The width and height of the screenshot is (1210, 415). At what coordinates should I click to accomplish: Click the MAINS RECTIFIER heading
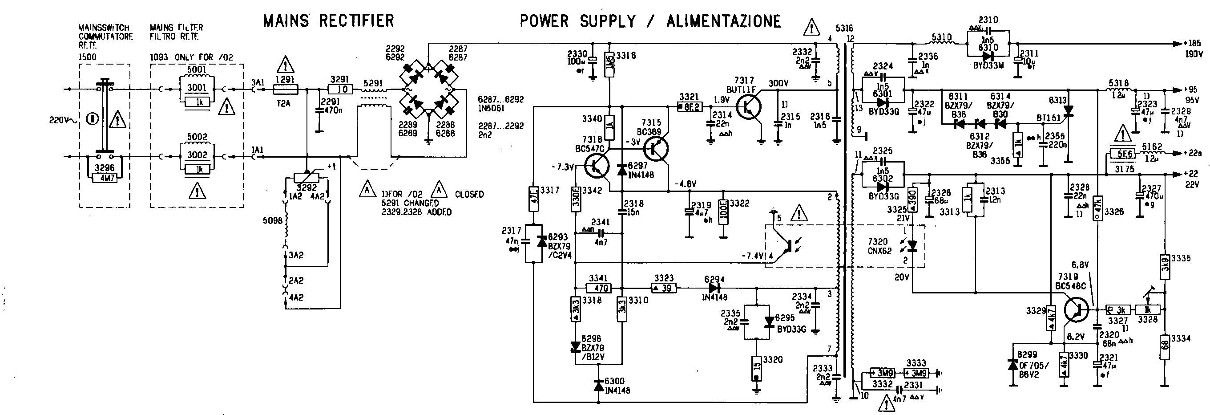point(328,21)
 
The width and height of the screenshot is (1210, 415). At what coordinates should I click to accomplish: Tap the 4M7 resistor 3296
point(104,178)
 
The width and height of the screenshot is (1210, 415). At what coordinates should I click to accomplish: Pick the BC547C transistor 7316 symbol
point(597,167)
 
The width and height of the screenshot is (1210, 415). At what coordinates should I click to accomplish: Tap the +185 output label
point(1193,43)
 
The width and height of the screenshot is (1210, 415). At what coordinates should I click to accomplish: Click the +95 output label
point(1191,90)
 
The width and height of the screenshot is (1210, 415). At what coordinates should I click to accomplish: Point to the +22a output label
point(1193,153)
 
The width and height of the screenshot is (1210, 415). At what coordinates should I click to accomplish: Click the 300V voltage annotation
point(778,84)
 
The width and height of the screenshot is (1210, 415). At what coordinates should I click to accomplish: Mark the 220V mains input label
point(60,120)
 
